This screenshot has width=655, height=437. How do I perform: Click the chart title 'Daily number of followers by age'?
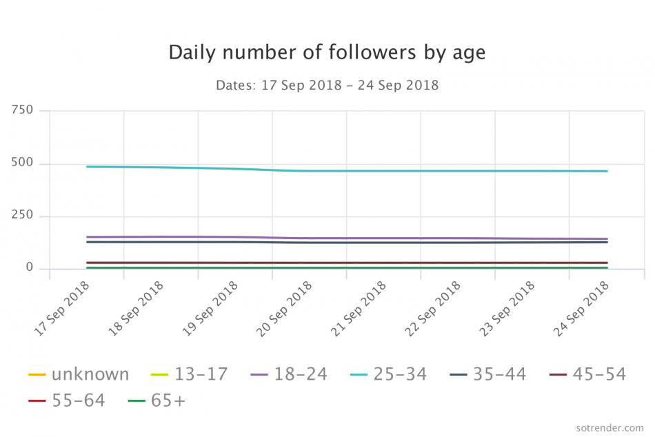(x=327, y=53)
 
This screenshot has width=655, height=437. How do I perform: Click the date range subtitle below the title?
(x=327, y=86)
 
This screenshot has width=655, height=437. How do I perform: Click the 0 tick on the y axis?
(x=29, y=268)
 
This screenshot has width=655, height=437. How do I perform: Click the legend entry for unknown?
(x=79, y=374)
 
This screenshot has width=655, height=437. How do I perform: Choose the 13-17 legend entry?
(x=189, y=374)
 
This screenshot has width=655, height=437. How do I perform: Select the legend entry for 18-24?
(x=288, y=374)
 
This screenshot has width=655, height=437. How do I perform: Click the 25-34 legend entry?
(x=388, y=374)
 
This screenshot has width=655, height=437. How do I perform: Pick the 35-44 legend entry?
(x=487, y=374)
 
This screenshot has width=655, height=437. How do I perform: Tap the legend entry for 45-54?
(x=587, y=374)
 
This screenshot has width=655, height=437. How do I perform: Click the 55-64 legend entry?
(x=67, y=400)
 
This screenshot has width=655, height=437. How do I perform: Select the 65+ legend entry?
(x=157, y=400)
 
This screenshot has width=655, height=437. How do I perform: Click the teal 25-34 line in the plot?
(x=414, y=171)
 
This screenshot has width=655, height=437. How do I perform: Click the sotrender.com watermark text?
(x=609, y=427)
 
